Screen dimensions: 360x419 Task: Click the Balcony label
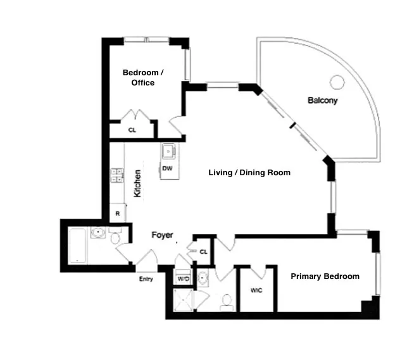pos(322,100)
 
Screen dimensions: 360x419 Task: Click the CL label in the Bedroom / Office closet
pos(132,130)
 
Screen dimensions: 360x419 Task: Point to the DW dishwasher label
pos(167,168)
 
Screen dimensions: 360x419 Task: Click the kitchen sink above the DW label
pos(168,152)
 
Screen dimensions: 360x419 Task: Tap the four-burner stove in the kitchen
pos(117,175)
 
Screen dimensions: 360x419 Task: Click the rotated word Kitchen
pos(137,183)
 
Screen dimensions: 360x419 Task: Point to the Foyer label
pos(162,235)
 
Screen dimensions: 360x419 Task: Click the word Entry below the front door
pos(146,279)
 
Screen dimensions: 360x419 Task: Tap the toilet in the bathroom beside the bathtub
pos(115,237)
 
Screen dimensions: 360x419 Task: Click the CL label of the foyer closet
pos(203,251)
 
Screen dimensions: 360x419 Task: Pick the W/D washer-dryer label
pos(183,278)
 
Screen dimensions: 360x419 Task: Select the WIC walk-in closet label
pos(256,290)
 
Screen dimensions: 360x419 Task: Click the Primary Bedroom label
pos(325,276)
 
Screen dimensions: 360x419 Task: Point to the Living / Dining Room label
pos(249,172)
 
